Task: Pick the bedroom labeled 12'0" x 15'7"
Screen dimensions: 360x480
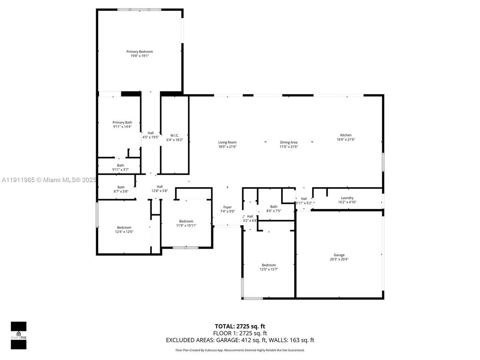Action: (x=269, y=267)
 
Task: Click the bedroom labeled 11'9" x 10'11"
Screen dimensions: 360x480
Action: (x=186, y=223)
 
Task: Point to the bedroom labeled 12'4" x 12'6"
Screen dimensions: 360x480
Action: (x=124, y=229)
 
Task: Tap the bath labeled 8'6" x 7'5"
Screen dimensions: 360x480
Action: (x=274, y=209)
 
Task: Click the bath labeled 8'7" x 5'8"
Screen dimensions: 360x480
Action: (x=121, y=189)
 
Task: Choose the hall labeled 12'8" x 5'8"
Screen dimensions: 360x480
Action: (x=159, y=189)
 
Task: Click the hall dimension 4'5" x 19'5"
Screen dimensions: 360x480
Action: (x=150, y=137)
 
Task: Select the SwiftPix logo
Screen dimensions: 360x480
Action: (x=18, y=335)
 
